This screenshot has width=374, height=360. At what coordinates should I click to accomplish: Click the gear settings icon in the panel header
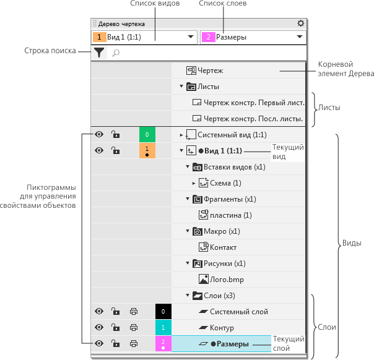(301, 24)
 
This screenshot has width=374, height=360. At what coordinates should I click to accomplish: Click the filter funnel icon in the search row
(99, 53)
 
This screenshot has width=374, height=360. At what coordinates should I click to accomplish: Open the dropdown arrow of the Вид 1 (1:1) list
(191, 37)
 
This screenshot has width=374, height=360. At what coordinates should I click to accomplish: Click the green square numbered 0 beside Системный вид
(147, 134)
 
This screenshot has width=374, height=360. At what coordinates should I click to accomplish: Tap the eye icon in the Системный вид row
(99, 134)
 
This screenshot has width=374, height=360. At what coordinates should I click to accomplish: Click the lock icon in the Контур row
(115, 327)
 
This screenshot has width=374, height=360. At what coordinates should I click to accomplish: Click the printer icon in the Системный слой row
(133, 311)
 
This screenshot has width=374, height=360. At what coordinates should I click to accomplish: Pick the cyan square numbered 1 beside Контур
(163, 327)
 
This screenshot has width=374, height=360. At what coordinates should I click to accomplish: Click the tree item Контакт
(223, 247)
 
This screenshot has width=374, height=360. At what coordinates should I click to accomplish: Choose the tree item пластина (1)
(230, 215)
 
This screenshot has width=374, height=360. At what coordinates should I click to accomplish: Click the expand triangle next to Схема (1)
(193, 183)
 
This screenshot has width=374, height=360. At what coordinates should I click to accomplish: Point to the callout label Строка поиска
(50, 50)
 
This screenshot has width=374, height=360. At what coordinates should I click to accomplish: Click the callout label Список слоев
(222, 4)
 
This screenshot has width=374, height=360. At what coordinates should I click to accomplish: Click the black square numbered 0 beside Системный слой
(163, 311)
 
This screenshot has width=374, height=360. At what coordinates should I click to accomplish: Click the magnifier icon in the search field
(116, 54)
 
